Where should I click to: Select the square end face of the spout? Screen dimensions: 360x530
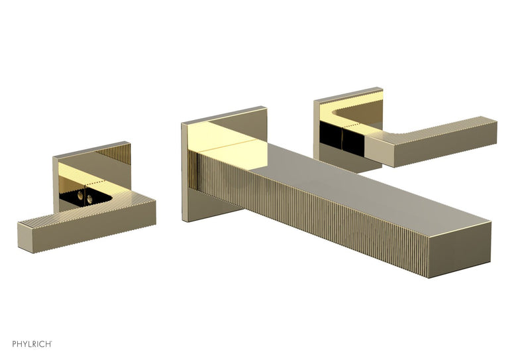[460, 244]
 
